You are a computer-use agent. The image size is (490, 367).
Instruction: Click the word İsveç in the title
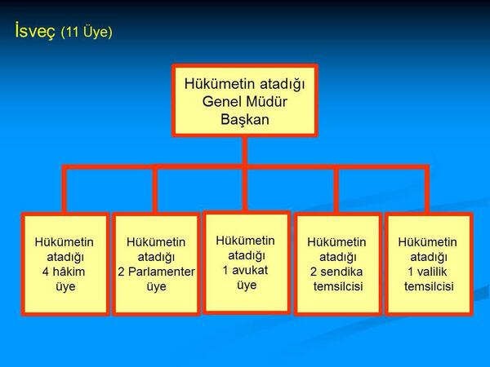click(x=35, y=32)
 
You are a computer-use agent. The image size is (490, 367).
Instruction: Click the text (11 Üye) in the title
click(x=86, y=33)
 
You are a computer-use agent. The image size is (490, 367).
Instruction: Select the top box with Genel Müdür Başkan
click(x=244, y=99)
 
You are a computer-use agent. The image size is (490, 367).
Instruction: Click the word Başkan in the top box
click(x=244, y=119)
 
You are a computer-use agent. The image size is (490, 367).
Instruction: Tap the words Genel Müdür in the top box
click(x=244, y=101)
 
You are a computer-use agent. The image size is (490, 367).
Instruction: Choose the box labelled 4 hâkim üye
click(x=65, y=264)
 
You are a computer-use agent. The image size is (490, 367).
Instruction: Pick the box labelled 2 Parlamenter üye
click(x=156, y=264)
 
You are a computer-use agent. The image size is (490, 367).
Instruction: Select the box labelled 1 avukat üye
click(x=247, y=262)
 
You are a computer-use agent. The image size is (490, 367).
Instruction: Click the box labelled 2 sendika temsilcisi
click(x=337, y=264)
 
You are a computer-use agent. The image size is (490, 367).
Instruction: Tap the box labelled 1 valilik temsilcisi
click(x=428, y=264)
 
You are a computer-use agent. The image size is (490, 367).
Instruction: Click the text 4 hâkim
click(x=65, y=272)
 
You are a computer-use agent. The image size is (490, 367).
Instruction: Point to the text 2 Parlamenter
click(x=156, y=272)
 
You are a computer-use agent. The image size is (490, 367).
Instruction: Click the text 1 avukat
click(x=246, y=270)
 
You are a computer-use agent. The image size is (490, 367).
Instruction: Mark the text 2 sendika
click(x=336, y=272)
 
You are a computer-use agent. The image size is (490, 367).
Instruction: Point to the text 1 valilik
click(x=428, y=272)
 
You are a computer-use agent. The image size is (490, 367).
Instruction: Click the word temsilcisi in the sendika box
click(x=338, y=286)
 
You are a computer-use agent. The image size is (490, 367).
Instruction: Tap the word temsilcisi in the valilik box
click(x=429, y=286)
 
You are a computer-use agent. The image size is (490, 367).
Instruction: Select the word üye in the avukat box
click(x=246, y=285)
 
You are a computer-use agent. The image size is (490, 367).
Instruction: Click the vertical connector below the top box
click(x=244, y=151)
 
